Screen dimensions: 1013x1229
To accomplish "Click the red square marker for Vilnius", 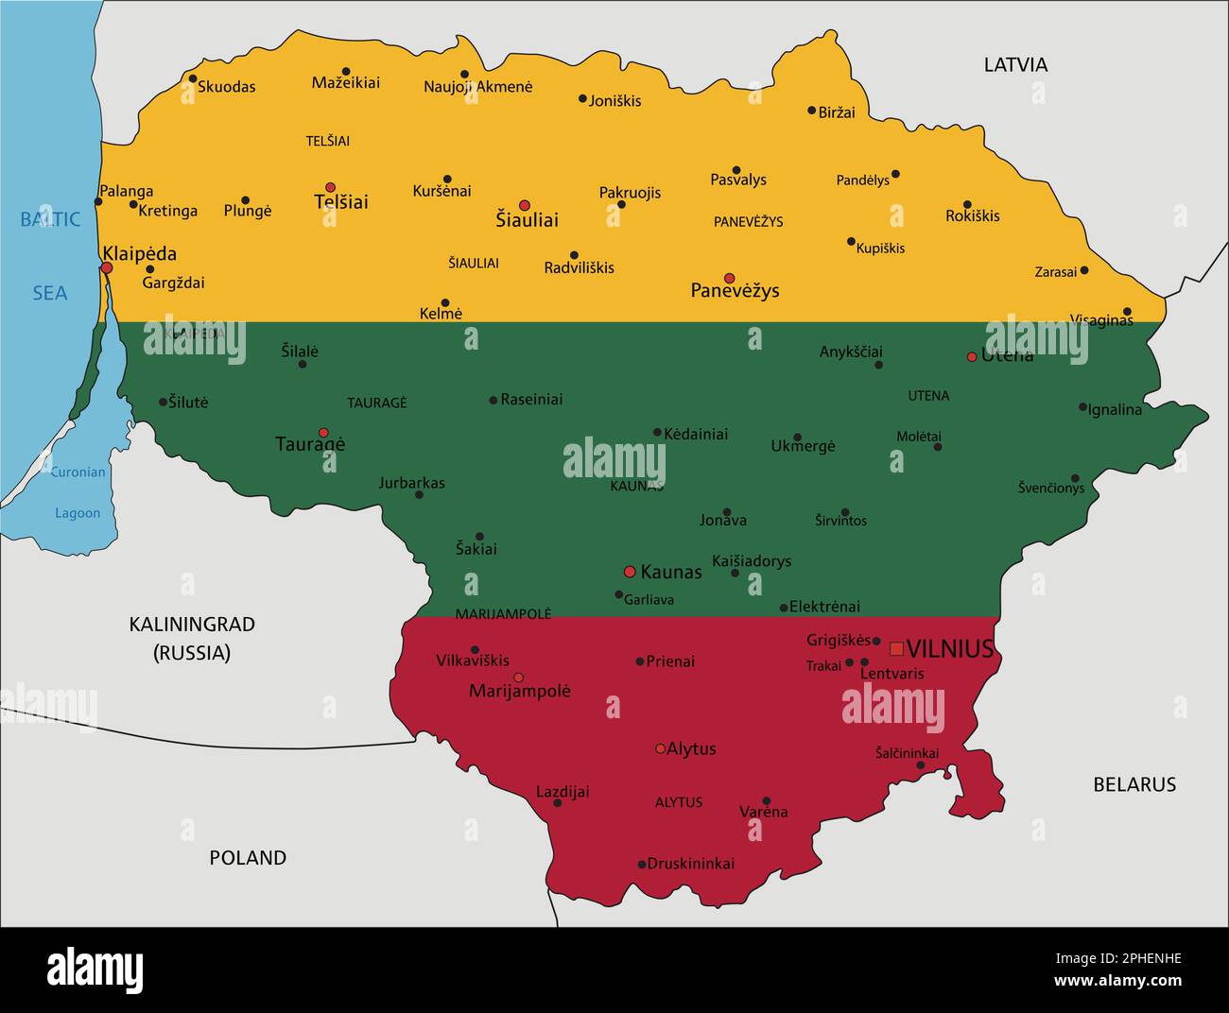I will point(896,648).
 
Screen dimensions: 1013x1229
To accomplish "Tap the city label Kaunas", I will point(671,572).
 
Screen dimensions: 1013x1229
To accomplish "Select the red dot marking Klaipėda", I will point(107,267).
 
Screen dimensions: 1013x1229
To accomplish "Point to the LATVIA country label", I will point(1015,64).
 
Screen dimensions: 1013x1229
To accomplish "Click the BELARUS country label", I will point(1134,784).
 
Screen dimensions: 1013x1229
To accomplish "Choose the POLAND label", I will point(248,858).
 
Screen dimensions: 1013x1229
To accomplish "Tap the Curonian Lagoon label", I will point(78,492).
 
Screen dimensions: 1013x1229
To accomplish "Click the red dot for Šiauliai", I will point(525,205).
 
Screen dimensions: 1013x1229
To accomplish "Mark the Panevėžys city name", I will point(735,291).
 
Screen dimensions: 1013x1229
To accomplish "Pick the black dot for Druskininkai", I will point(642,864).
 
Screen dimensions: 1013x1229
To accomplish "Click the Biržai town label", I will point(837,112).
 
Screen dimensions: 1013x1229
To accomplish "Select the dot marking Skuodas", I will point(193,79).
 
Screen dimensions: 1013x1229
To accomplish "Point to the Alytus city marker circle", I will point(660,748).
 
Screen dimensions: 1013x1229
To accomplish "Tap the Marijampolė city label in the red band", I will point(520,692).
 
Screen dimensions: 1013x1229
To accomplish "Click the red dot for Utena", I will point(971,356).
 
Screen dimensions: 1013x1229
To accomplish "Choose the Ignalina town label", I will point(1116,410).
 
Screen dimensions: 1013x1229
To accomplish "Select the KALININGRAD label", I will point(192,625).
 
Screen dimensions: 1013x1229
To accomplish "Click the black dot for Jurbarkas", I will point(419,495).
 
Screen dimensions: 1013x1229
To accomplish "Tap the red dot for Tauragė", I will point(323,432).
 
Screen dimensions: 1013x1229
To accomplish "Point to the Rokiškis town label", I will point(972,216).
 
